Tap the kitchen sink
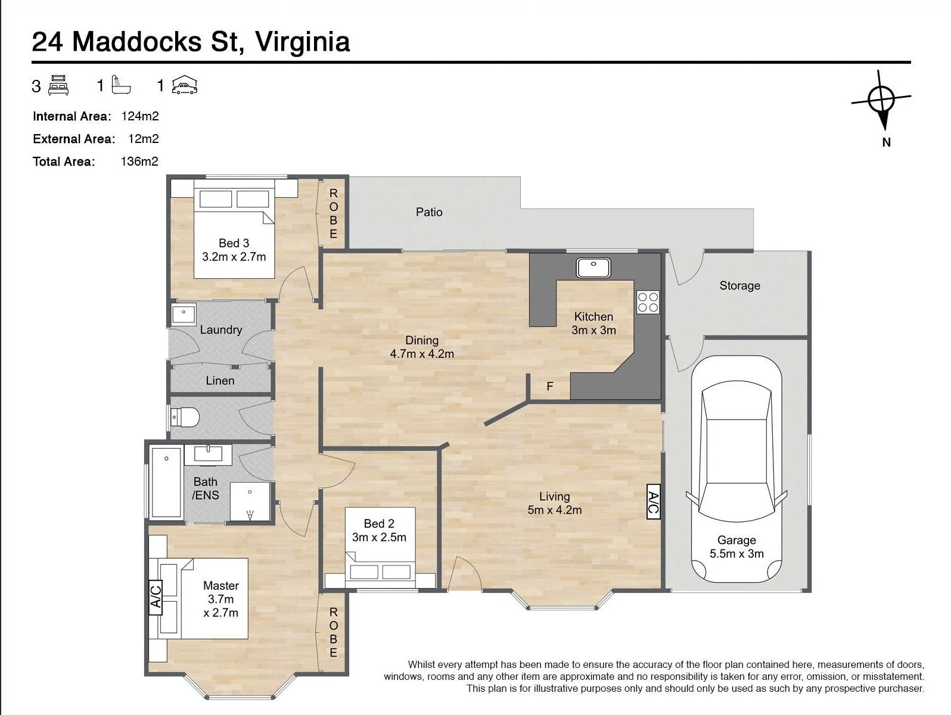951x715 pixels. (593, 268)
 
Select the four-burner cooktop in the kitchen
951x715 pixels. (648, 302)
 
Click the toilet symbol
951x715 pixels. (185, 418)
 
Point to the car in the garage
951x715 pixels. (736, 469)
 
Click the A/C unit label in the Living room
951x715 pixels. (653, 502)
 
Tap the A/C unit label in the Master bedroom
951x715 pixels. (156, 598)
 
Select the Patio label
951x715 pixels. (429, 212)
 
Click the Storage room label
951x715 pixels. (739, 286)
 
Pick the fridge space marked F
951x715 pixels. (550, 386)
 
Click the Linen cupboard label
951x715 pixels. (220, 381)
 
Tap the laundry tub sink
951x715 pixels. (184, 313)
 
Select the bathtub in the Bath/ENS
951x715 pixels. (166, 481)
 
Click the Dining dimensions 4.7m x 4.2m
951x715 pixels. (421, 355)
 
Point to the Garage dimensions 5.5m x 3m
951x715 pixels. (736, 554)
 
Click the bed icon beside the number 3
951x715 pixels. (58, 85)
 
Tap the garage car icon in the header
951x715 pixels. (185, 85)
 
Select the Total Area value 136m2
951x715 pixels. (139, 161)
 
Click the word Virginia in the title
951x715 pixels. (302, 42)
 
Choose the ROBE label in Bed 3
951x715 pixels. (333, 213)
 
